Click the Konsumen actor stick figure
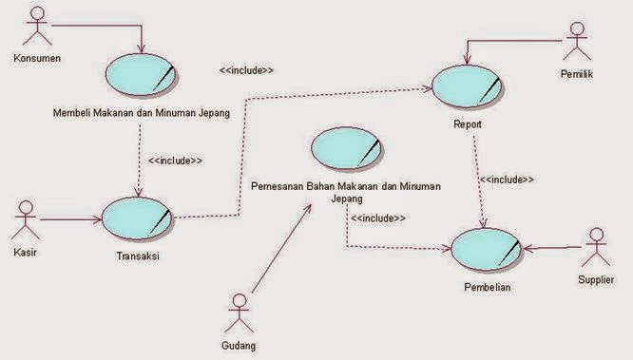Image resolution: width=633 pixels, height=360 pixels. pyautogui.click(x=35, y=28)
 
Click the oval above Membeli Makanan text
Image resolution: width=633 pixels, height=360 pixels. pyautogui.click(x=141, y=73)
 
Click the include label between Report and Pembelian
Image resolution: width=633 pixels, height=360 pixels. pyautogui.click(x=506, y=179)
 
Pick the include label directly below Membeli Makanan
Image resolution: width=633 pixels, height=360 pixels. pyautogui.click(x=175, y=161)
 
